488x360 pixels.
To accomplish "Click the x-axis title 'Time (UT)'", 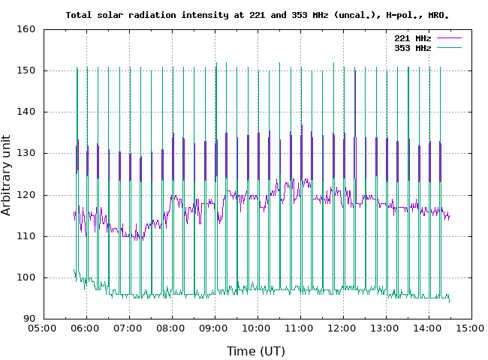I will coord(256,350).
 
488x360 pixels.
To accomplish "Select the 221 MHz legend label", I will coord(412,37).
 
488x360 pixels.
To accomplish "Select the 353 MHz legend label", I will coord(412,47).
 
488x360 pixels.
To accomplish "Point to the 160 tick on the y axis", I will coord(28,29).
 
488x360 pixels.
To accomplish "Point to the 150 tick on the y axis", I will coord(28,70).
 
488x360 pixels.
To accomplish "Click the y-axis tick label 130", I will coord(28,153).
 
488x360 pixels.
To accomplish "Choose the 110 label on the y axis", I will coord(28,236).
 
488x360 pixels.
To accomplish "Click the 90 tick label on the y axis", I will coord(30,319).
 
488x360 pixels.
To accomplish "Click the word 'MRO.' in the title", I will coord(448,14).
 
